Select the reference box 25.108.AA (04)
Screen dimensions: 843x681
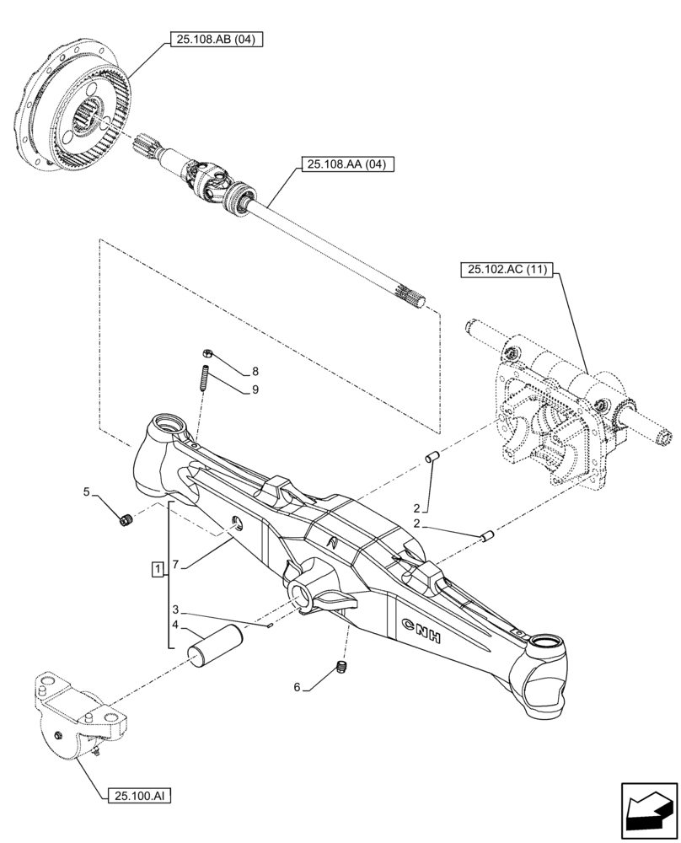coord(346,165)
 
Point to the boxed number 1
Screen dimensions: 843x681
coord(157,571)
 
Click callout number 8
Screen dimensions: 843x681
coord(255,371)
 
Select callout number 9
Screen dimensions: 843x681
coord(255,389)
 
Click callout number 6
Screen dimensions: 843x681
coord(297,687)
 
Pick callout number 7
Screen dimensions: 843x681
coord(175,563)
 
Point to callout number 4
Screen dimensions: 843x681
coord(175,625)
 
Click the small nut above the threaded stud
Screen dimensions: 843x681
coord(207,353)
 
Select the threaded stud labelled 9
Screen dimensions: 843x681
coord(205,377)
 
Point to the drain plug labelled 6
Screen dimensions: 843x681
coord(342,668)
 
